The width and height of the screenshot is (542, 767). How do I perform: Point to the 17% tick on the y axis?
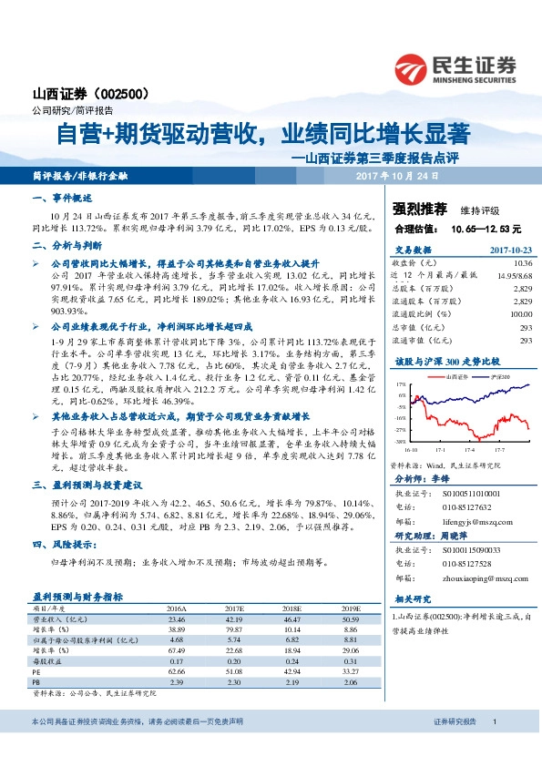pyautogui.click(x=400, y=385)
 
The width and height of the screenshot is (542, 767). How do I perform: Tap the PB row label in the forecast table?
pyautogui.click(x=37, y=680)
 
